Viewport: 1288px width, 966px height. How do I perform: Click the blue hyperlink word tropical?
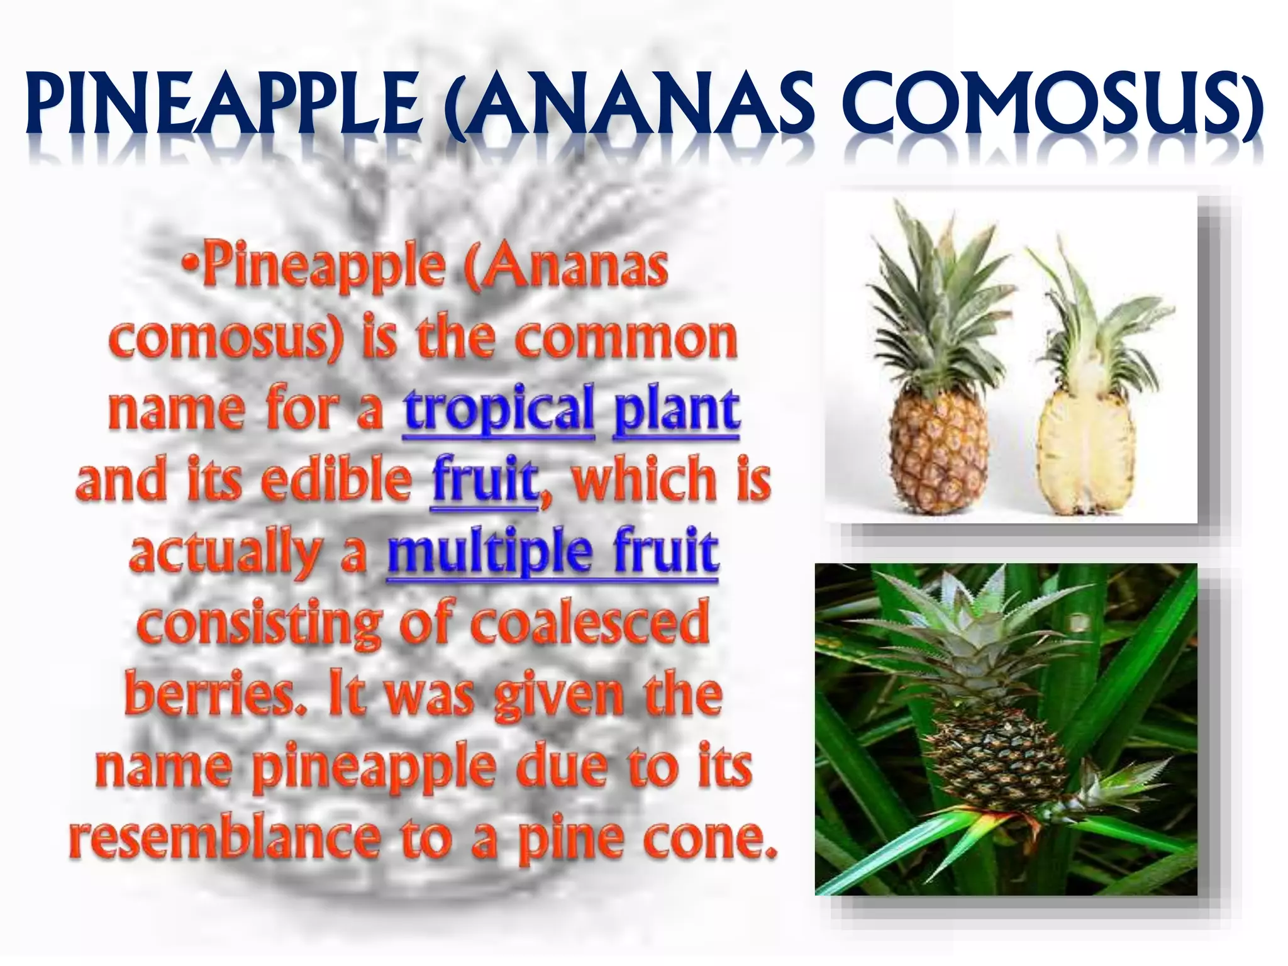click(499, 409)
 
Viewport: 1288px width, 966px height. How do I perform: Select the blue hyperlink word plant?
click(676, 409)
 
